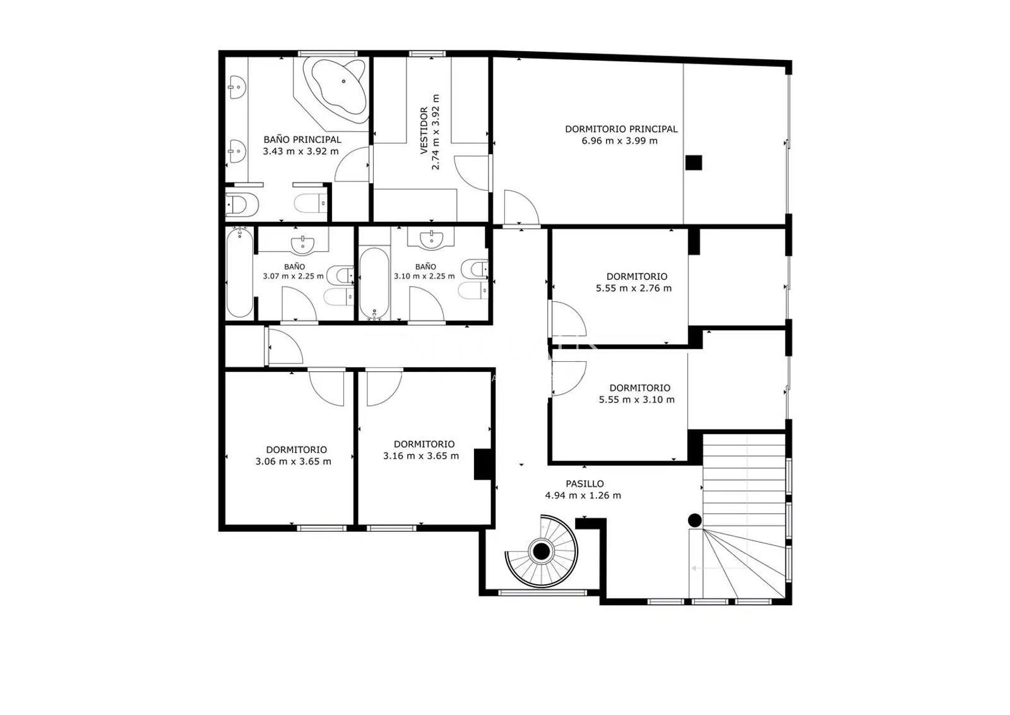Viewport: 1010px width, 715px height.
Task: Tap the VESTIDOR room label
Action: tap(424, 131)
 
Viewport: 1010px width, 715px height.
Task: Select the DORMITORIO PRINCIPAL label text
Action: tap(621, 129)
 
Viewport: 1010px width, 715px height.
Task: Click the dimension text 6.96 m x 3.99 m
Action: tap(619, 141)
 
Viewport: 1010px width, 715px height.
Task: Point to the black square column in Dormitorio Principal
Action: tap(694, 163)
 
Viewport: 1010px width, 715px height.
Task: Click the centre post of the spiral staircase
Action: tap(541, 551)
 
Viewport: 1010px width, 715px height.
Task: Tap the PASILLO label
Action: tap(585, 484)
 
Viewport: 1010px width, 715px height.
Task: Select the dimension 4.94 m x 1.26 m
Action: tap(583, 496)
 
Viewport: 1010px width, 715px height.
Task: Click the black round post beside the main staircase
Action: tap(694, 520)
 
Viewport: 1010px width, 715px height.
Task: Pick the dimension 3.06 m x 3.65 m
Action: tap(293, 462)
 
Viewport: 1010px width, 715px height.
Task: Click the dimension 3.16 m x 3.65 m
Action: tap(421, 456)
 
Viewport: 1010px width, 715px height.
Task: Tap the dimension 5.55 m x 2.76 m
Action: tap(634, 288)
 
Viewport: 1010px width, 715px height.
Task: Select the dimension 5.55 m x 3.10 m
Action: tap(637, 400)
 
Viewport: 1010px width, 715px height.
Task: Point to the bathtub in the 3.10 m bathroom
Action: tap(374, 282)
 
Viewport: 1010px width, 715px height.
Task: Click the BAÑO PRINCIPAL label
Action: tap(302, 140)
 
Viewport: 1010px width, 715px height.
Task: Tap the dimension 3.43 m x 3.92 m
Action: tap(300, 152)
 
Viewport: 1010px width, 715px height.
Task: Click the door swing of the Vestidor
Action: tap(471, 173)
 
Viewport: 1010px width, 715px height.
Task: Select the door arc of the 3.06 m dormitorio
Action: tap(326, 388)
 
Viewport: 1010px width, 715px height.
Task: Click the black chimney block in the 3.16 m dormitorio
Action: tap(482, 464)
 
